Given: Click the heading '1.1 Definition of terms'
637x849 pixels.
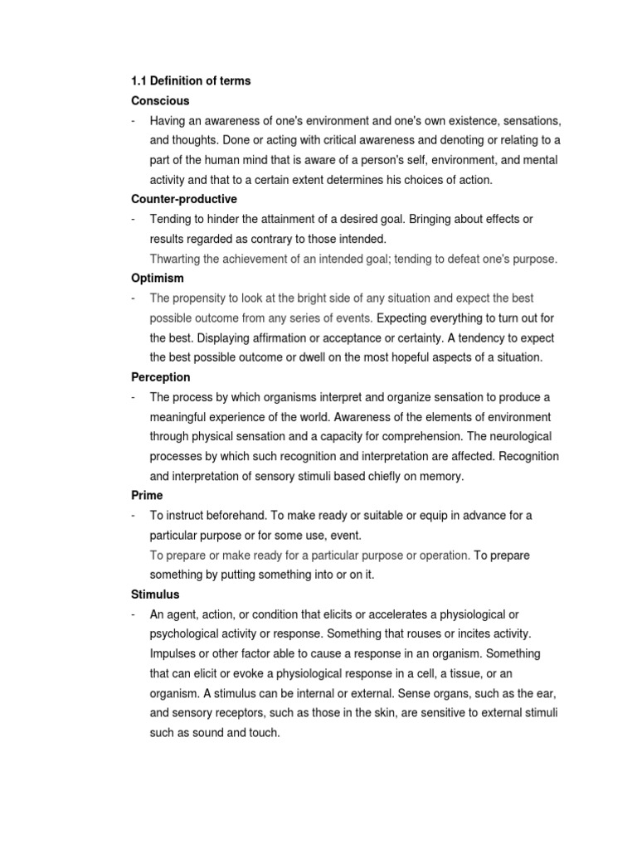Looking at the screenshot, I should coord(191,81).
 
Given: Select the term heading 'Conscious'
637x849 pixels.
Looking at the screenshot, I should coord(160,100).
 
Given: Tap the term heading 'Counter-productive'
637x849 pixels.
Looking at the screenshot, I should coord(184,199).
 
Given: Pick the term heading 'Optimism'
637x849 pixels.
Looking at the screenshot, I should coord(158,279).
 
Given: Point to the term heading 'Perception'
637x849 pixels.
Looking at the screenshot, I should coord(161,377).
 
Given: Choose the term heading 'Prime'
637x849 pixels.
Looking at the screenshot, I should coord(147,495).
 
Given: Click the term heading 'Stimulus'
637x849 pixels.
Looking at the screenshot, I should coord(155,594).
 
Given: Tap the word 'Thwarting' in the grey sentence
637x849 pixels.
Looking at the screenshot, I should coord(177,259).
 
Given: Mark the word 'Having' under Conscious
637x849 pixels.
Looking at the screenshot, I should coord(168,120).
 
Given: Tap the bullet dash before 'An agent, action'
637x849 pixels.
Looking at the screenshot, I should coord(134,614).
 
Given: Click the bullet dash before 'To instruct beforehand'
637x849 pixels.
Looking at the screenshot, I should coord(134,515).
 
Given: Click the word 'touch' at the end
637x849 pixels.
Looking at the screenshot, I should coord(265,733).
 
